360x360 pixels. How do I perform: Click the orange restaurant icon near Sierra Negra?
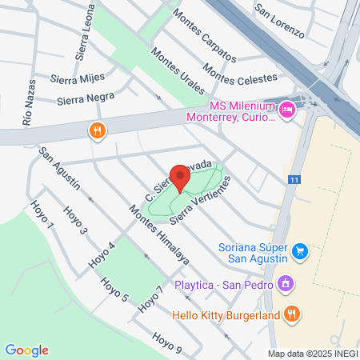(98, 130)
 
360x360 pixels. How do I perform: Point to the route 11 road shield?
(294, 180)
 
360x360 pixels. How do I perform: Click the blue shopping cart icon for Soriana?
(300, 251)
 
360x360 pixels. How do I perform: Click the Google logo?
(26, 350)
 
